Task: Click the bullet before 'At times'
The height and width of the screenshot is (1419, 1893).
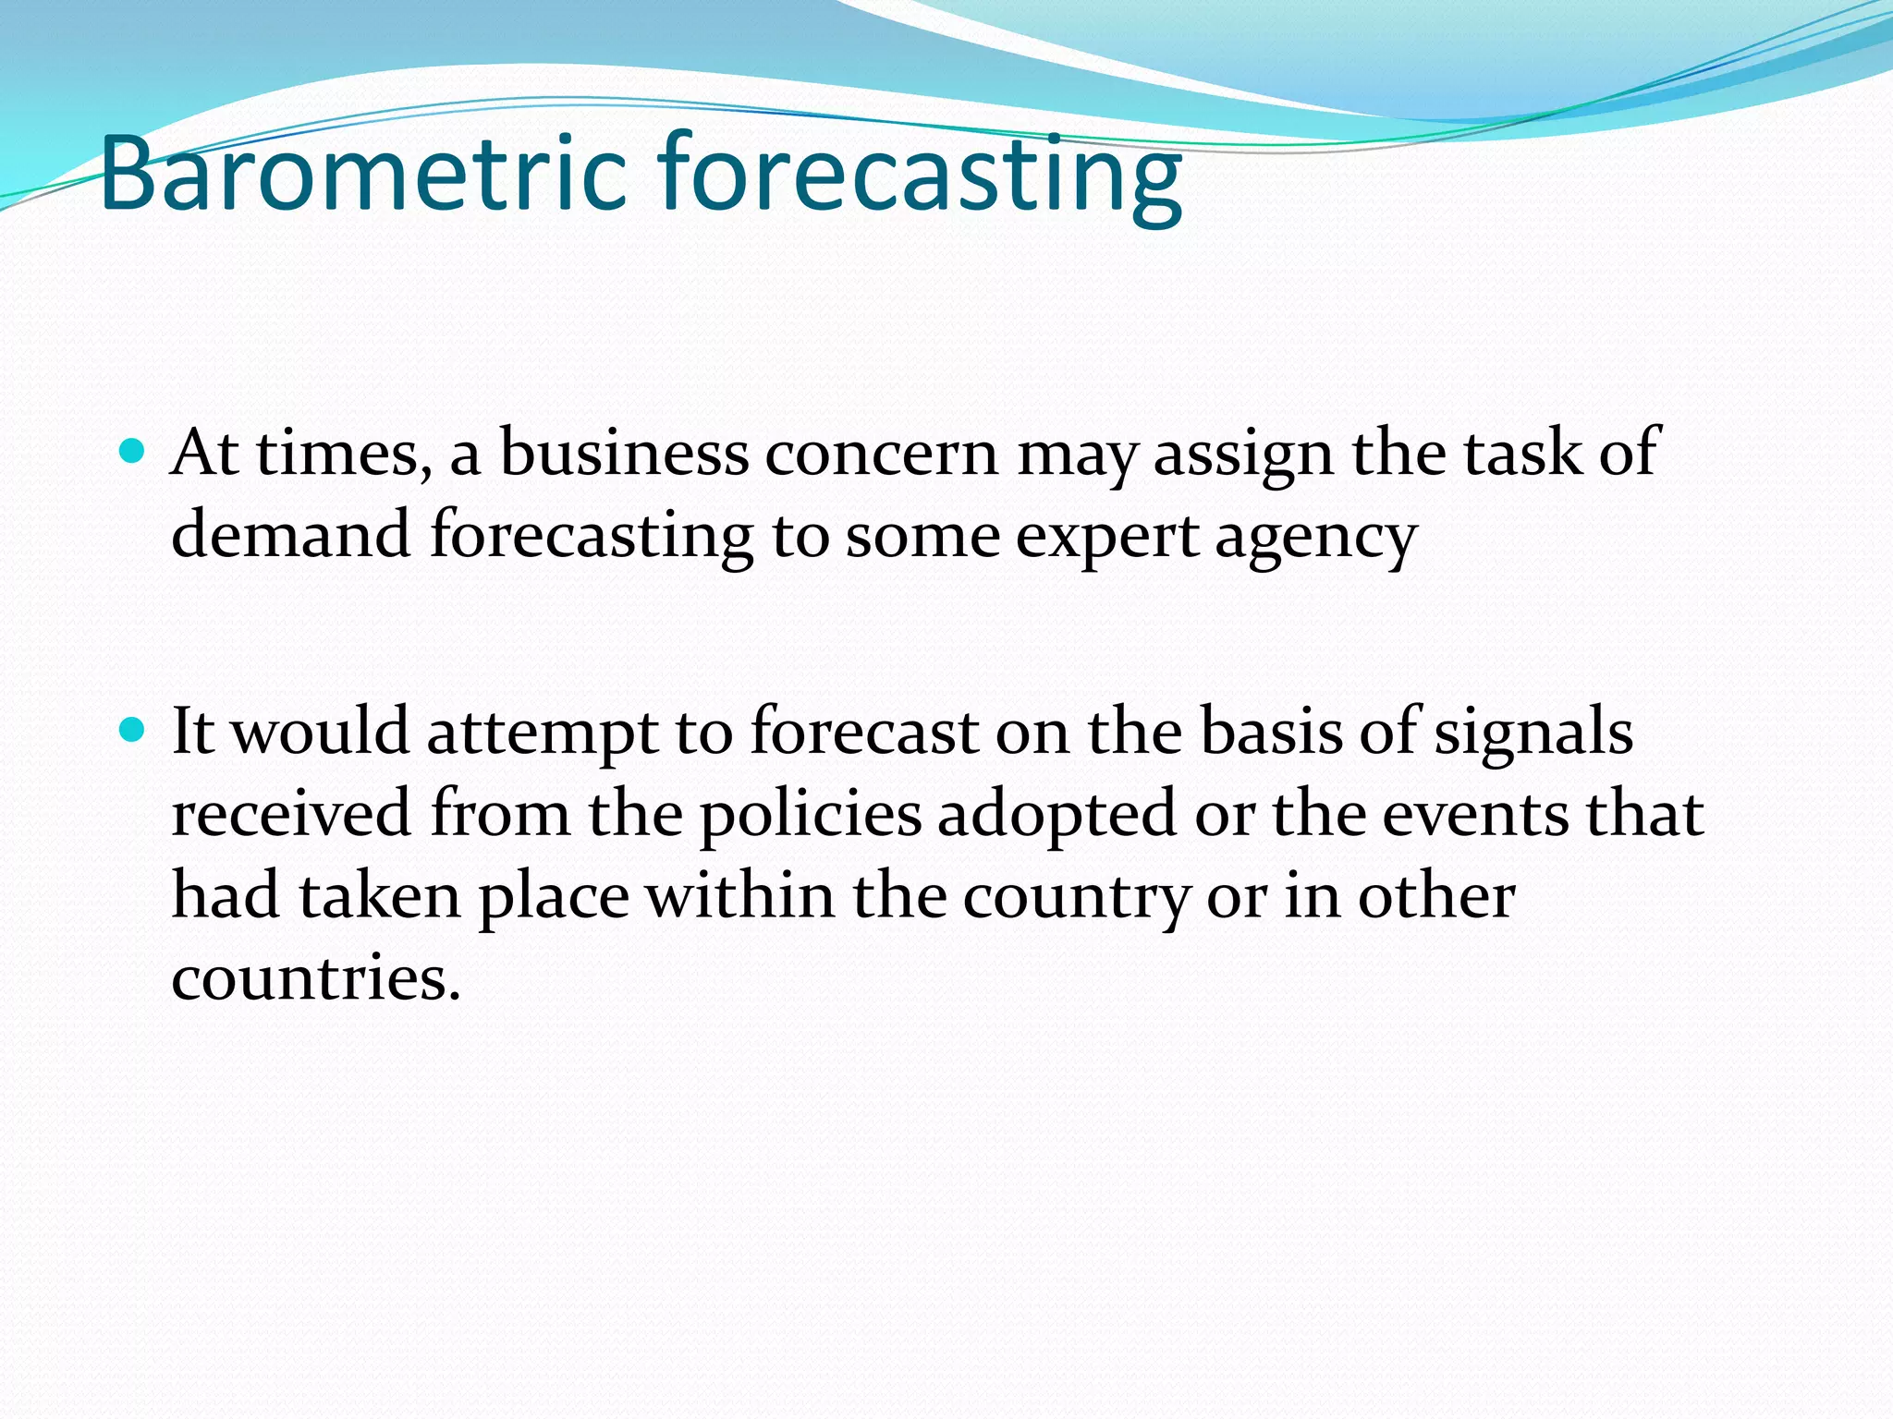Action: [133, 453]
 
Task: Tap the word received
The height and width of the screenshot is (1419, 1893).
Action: [291, 815]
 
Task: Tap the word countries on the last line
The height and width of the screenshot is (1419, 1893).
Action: [314, 979]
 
